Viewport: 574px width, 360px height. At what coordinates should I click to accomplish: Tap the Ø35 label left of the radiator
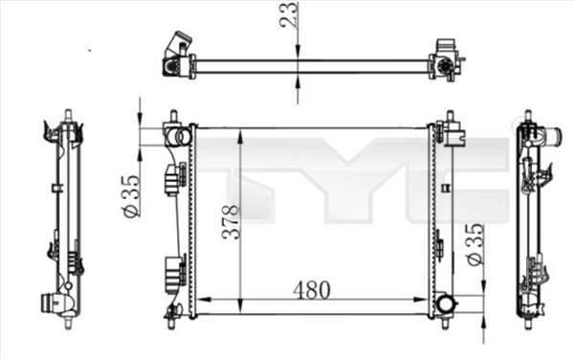[133, 195]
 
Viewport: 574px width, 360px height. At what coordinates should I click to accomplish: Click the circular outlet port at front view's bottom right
[446, 305]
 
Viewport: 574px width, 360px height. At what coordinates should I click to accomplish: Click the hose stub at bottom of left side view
[47, 303]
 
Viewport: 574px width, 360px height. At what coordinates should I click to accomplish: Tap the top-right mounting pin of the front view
[447, 116]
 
